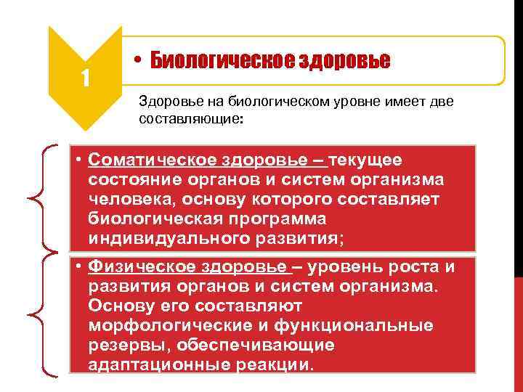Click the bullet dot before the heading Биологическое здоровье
[137, 61]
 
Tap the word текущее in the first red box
[368, 160]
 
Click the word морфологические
[161, 325]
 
